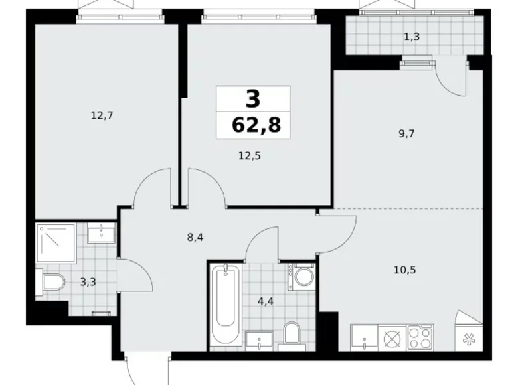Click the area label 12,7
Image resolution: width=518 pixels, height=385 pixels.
click(x=102, y=116)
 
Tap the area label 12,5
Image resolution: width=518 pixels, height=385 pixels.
click(x=248, y=157)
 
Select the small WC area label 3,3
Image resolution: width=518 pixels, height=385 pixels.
click(x=88, y=282)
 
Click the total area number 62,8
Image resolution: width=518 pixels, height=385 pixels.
click(x=253, y=125)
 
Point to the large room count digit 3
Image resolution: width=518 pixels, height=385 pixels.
click(x=253, y=99)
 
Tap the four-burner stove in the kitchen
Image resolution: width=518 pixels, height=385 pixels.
click(x=420, y=337)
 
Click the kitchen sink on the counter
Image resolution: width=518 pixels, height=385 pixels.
click(x=365, y=337)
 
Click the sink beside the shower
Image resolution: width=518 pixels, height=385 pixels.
click(x=101, y=232)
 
